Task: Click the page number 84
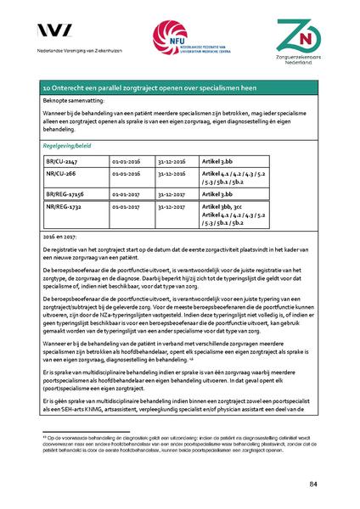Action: click(x=313, y=484)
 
